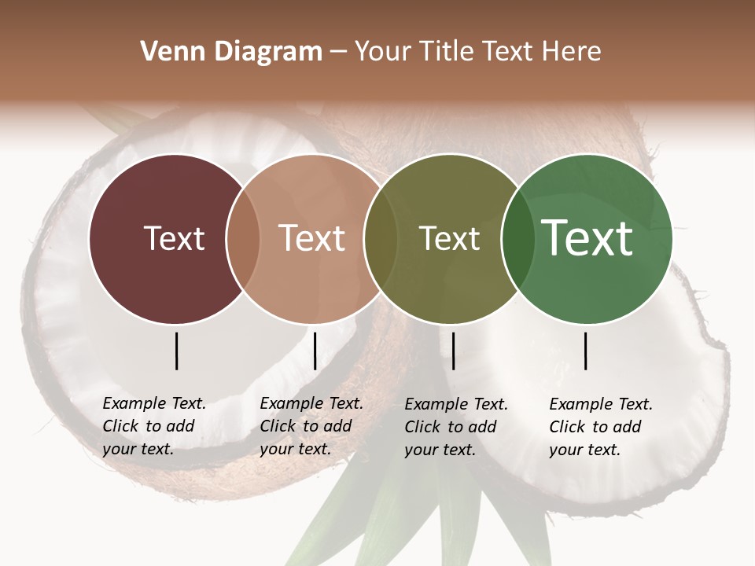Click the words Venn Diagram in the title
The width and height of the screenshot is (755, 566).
[x=231, y=52]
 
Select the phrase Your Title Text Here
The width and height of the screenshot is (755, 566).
[x=477, y=52]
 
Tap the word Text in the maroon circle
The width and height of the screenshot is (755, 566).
[x=174, y=238]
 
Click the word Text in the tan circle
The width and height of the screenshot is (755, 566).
[x=312, y=238]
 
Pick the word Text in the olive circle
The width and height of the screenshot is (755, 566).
[x=449, y=238]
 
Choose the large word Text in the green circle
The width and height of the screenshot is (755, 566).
[x=587, y=238]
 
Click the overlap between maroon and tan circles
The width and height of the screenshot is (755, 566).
[x=243, y=238]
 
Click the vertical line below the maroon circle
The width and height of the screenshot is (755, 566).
[x=176, y=351]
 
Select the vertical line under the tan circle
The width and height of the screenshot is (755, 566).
[x=315, y=351]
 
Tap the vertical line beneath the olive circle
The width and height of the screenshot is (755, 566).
[x=453, y=351]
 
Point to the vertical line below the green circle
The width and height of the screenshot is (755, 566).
[x=585, y=351]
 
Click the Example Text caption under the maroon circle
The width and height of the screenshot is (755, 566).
[x=154, y=426]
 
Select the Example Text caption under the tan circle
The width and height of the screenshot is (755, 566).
[x=311, y=426]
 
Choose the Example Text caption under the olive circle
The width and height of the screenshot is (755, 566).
[x=456, y=427]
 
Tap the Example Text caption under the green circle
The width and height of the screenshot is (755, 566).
[x=601, y=427]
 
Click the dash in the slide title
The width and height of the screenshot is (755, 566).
[x=338, y=52]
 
